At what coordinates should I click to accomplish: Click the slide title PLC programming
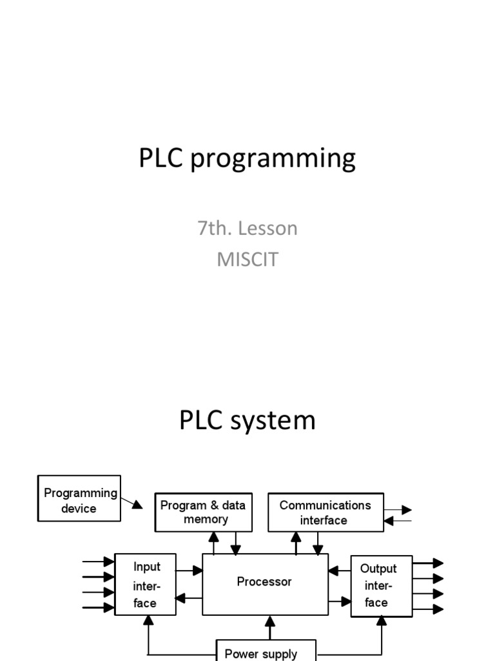[247, 159]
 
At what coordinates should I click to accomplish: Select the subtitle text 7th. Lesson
[247, 228]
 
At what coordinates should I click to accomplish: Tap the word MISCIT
[247, 259]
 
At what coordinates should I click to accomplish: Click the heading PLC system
[247, 420]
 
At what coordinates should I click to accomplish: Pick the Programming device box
[79, 500]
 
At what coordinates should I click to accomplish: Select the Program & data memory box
[204, 513]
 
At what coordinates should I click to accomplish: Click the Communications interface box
[325, 513]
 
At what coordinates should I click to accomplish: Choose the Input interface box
[146, 584]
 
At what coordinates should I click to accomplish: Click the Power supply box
[265, 652]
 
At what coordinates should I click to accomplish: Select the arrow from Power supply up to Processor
[271, 627]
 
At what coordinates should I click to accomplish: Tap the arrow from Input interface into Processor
[190, 570]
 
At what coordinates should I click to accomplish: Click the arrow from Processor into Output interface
[340, 602]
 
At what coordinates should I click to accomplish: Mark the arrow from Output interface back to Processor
[339, 571]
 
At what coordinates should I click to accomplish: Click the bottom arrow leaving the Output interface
[429, 609]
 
